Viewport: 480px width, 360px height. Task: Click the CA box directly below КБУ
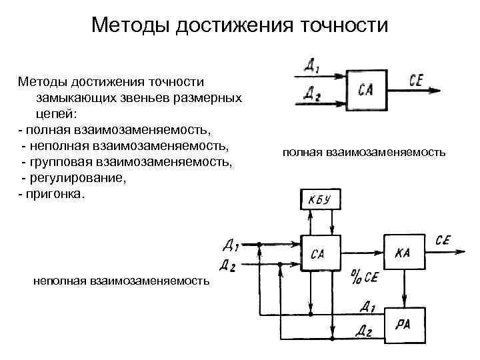[318, 253]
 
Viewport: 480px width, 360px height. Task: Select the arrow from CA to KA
[361, 253]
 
